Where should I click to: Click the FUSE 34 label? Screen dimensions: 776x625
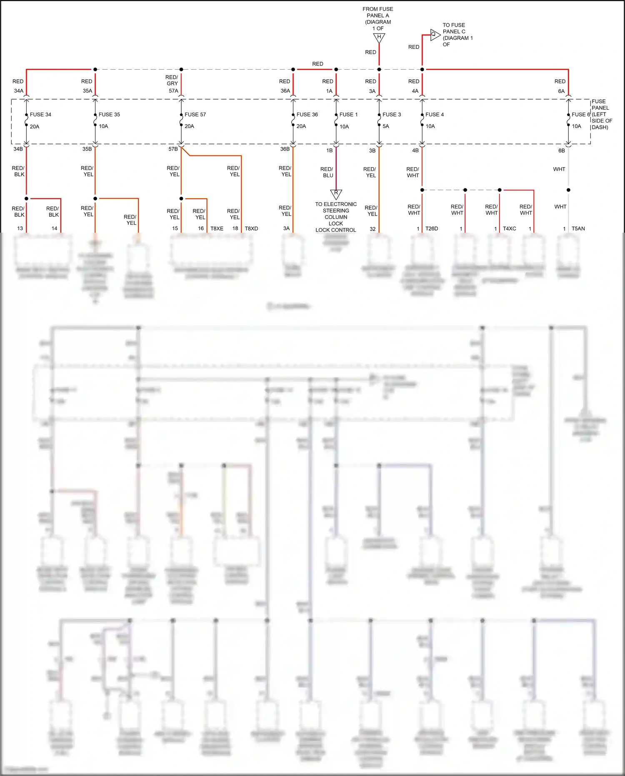tap(40, 115)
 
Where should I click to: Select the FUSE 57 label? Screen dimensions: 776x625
tap(195, 115)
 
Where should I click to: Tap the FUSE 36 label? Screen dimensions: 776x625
tap(307, 115)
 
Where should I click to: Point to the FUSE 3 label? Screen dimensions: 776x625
tap(392, 115)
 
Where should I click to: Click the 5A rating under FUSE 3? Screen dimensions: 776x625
tap(386, 126)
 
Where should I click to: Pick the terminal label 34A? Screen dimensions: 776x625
tap(19, 91)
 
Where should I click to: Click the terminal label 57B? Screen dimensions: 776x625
tap(173, 149)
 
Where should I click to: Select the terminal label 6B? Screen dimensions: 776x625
tap(562, 151)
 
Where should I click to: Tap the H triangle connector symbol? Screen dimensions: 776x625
tap(379, 38)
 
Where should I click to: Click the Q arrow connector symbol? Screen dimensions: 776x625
tap(435, 35)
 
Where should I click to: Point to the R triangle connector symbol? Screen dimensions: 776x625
tap(336, 193)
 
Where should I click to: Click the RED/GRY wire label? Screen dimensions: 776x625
tap(172, 80)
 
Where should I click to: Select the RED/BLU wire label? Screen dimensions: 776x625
tap(327, 172)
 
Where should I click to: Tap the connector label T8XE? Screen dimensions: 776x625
tap(217, 229)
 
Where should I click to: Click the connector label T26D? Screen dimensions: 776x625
tap(432, 229)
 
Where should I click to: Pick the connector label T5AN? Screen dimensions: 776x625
tap(578, 229)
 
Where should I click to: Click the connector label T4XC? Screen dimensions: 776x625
tap(509, 229)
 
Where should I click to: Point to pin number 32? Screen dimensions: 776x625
tap(372, 229)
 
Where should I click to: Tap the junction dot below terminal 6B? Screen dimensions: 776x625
tap(568, 190)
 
